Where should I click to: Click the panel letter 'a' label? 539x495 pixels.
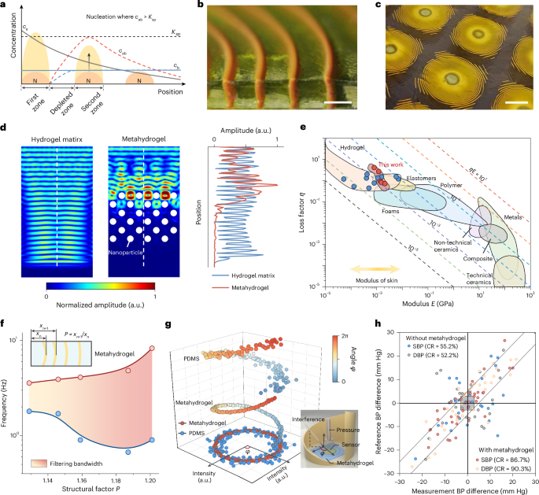click(x=5, y=5)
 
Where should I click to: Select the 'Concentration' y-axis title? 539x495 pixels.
click(x=6, y=55)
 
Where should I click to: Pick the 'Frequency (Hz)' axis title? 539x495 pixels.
click(x=7, y=386)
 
